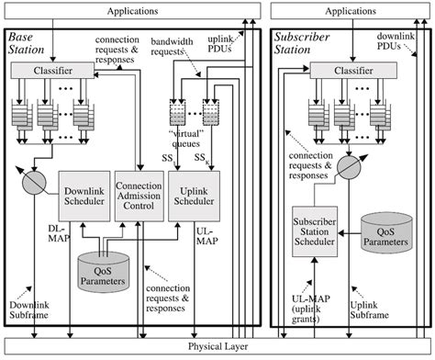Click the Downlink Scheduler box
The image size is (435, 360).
[x=84, y=196]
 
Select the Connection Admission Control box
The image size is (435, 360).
[x=139, y=196]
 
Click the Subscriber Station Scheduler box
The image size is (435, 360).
[x=316, y=234]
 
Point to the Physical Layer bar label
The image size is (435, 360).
[x=217, y=347]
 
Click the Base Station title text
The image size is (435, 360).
[x=27, y=43]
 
